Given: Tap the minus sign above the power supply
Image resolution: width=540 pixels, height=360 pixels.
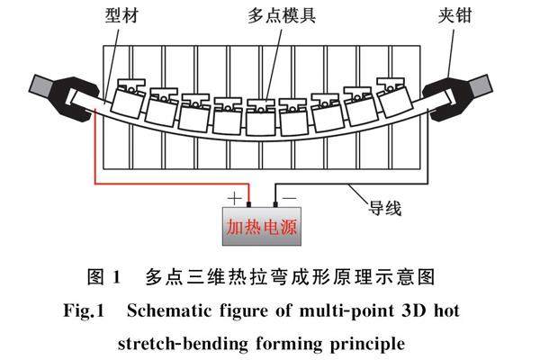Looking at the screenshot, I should coord(287,193).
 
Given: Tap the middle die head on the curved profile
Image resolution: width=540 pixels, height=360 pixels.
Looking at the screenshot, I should coord(261,112).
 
